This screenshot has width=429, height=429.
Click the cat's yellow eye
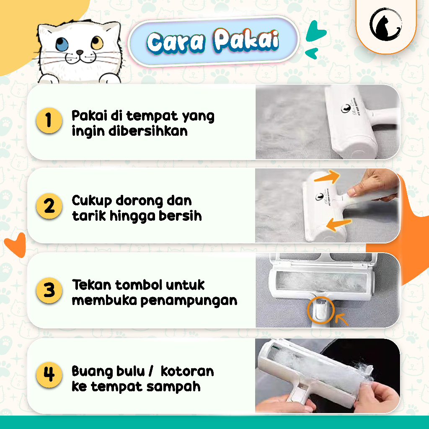(97, 42)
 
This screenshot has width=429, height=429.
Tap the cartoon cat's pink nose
(80, 53)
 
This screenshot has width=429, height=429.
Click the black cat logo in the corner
(385, 24)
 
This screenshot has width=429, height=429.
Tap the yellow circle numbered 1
(49, 120)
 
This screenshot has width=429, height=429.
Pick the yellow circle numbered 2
(49, 206)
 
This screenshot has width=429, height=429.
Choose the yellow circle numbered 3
(49, 290)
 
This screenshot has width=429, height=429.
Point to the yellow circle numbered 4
(49, 374)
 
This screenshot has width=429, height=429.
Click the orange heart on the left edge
(15, 246)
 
